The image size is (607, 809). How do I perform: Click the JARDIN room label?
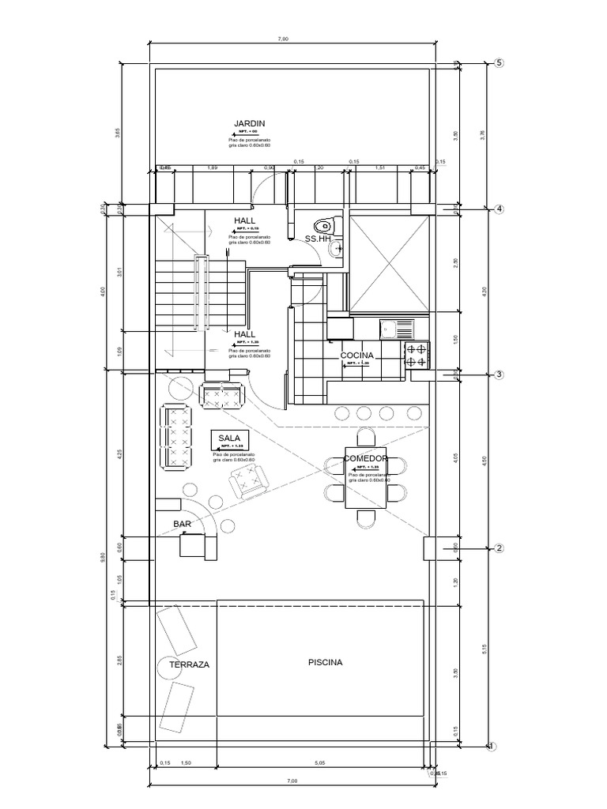point(249,123)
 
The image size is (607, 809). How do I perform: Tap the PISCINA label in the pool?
point(326,662)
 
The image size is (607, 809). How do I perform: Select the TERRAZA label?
point(190,665)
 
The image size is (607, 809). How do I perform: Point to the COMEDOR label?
point(365,458)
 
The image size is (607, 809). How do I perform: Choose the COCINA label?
point(356,356)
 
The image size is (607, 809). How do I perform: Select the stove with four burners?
point(418,355)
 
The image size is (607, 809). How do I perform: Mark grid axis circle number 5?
point(499,63)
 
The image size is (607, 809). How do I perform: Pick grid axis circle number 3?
point(499,374)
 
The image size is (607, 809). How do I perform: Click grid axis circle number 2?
point(499,548)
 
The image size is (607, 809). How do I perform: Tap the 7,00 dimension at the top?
point(285,39)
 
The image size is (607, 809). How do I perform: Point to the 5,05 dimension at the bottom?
point(319,763)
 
